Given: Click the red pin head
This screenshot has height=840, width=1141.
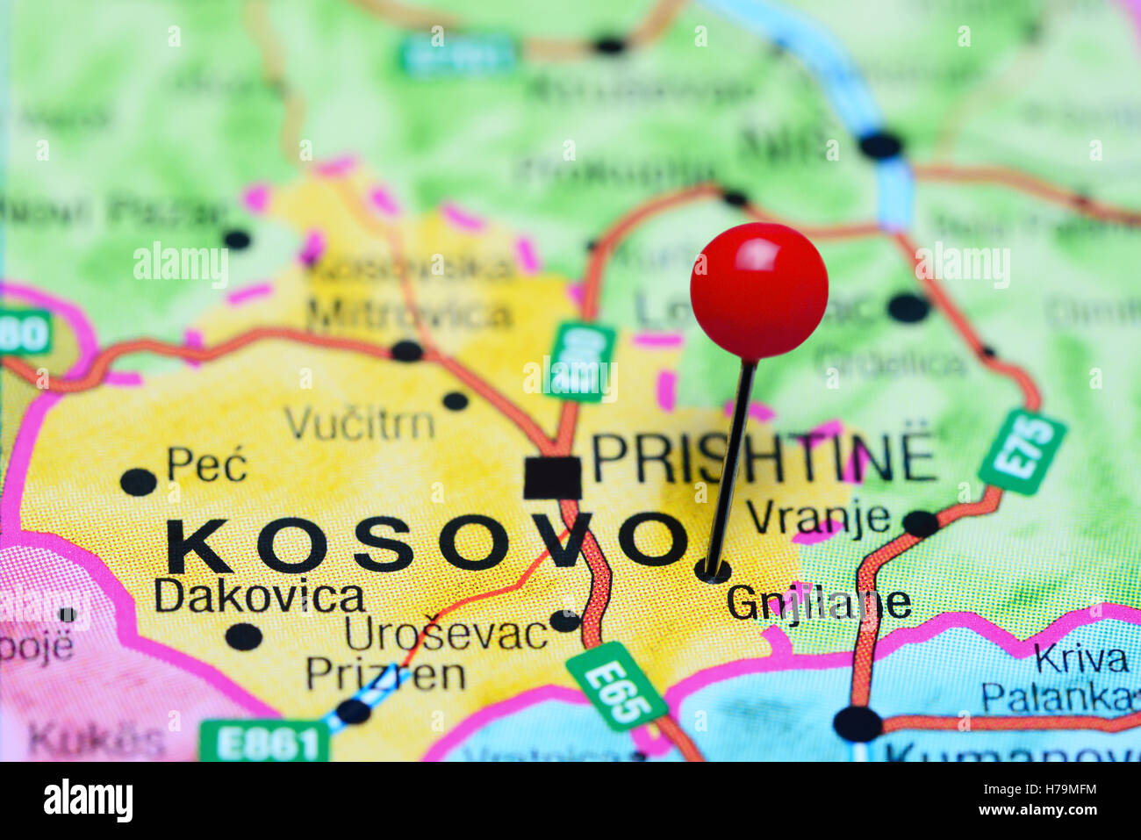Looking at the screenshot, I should [x=758, y=291].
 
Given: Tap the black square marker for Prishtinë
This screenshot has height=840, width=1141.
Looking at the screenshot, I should [x=552, y=478].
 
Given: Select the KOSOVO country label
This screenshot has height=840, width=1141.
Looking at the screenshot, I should [x=426, y=545].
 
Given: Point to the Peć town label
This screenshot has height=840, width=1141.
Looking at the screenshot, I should [x=207, y=464].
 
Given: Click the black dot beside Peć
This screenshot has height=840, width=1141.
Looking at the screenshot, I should [x=138, y=482].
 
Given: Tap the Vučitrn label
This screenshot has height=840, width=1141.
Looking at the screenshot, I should [x=360, y=425].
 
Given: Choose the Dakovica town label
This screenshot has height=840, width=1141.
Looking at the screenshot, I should [x=260, y=597].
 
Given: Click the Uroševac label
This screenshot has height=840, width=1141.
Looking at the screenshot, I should [x=446, y=633].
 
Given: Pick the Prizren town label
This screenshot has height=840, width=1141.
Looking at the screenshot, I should [x=385, y=674].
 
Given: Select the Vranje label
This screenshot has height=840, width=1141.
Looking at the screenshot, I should [x=818, y=517].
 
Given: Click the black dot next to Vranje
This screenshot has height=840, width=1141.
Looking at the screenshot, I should [x=921, y=524].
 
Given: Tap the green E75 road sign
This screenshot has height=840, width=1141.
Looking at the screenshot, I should [x=1023, y=451].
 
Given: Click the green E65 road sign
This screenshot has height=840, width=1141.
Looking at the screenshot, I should [x=616, y=686].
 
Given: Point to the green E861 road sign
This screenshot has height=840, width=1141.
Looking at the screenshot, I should [x=264, y=743].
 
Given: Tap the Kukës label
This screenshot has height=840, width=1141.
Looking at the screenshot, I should [x=97, y=740].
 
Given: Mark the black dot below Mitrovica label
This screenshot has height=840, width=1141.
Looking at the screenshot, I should [x=406, y=351].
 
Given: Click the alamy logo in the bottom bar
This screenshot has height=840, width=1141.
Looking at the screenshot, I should [x=88, y=801].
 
